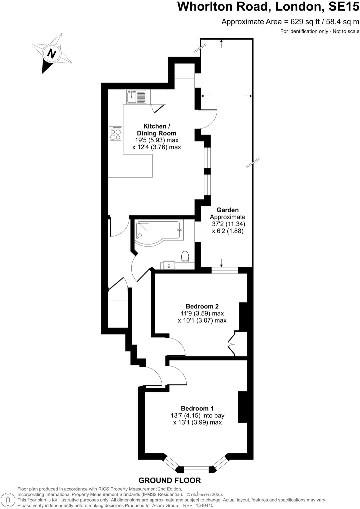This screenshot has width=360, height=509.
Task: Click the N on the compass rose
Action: pyautogui.click(x=51, y=53)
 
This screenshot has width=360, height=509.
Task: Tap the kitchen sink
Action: pyautogui.click(x=136, y=97)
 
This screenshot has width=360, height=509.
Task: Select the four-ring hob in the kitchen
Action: pyautogui.click(x=116, y=134)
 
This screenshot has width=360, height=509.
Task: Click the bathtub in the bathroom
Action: pyautogui.click(x=158, y=231)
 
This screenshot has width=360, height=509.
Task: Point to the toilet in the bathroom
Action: pyautogui.click(x=185, y=257)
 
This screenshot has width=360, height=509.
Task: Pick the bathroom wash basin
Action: pyautogui.click(x=169, y=265)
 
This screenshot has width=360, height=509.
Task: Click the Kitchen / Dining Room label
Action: pyautogui.click(x=156, y=130)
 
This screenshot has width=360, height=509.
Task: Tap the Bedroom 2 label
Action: pyautogui.click(x=202, y=306)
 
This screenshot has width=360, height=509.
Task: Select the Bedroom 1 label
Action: pyautogui.click(x=197, y=408)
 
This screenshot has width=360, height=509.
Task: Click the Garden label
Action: pyautogui.click(x=227, y=210)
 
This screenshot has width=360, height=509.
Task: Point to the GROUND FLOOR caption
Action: pyautogui.click(x=170, y=480)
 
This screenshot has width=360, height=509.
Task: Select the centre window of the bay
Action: pyautogui.click(x=197, y=470)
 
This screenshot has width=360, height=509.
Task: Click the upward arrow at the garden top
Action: pyautogui.click(x=222, y=43)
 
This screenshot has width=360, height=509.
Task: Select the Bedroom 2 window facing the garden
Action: pyautogui.click(x=225, y=270)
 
